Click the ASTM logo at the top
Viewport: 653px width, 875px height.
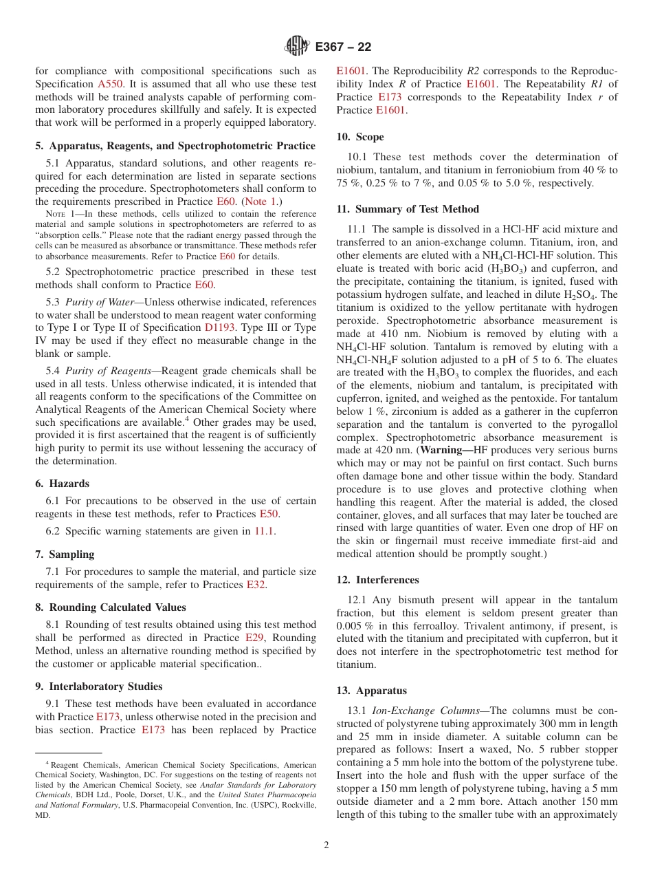(298, 47)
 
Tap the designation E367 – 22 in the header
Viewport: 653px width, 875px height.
(343, 47)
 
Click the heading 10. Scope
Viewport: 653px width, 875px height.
(360, 137)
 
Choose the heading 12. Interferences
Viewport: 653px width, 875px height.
(377, 580)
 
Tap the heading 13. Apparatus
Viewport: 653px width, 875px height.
(371, 691)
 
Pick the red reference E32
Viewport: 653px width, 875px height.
(256, 585)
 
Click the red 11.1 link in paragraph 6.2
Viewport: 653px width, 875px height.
(263, 531)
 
